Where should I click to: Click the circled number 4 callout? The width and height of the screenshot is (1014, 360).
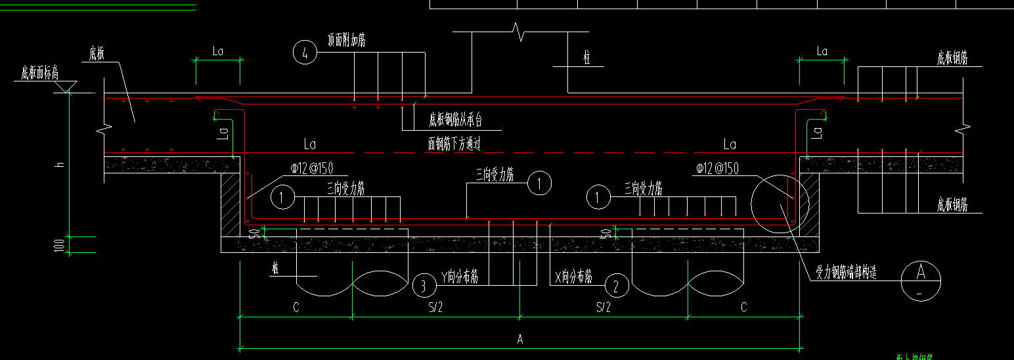pos(305,52)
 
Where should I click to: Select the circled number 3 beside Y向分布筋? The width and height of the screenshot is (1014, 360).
pos(424,286)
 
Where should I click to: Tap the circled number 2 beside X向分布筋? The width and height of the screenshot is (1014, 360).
pos(616,286)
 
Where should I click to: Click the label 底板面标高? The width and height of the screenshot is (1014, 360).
pos(39,73)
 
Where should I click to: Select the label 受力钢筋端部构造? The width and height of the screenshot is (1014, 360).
pos(846,273)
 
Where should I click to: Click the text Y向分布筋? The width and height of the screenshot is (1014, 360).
pos(460,277)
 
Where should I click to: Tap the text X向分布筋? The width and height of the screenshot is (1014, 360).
pos(574,277)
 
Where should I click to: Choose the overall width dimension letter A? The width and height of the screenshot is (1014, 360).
pos(520,340)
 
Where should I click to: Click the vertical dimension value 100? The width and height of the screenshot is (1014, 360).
pos(60,245)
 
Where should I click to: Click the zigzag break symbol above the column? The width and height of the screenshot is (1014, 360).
pos(519,30)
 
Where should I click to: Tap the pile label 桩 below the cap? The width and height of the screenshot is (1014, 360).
pos(276,268)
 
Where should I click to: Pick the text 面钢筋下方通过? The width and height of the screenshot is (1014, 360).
pos(454,145)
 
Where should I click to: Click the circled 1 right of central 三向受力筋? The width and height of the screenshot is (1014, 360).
pos(540,184)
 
